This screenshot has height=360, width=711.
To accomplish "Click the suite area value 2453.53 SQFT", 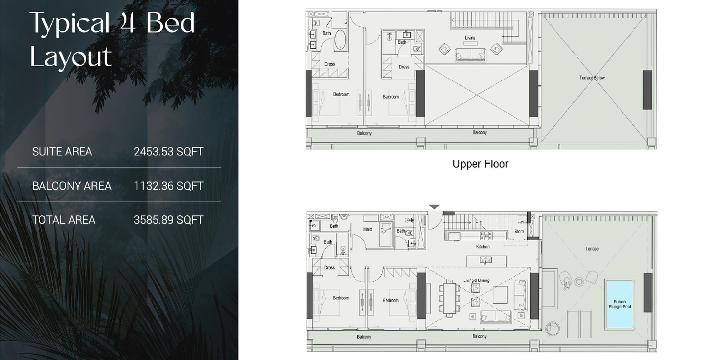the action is tap(168, 152).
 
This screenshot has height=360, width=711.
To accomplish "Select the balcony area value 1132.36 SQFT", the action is tap(168, 186).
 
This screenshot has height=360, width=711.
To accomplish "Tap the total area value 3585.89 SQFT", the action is tap(168, 220).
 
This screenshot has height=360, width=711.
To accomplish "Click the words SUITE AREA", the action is tap(62, 152).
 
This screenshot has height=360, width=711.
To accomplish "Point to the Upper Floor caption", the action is tap(480, 164).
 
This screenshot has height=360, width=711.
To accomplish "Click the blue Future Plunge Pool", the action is tap(619, 304).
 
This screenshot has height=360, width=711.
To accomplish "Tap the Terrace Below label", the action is tap(592, 78).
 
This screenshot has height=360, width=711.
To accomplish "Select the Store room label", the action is tap(519, 231).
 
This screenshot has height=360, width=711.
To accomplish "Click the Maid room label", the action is tap(367, 229).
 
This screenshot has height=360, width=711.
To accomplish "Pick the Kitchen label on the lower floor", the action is tap(483, 247).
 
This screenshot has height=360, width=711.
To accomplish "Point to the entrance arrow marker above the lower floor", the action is tap(434, 207).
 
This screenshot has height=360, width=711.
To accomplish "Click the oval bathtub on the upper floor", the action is tap(340, 40).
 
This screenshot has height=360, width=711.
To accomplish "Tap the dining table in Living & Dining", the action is tap(449, 298).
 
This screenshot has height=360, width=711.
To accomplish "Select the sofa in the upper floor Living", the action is tap(471, 55).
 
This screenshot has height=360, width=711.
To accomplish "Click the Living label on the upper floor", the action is tap(470, 38).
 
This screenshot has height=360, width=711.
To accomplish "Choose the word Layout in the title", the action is tap(71, 57).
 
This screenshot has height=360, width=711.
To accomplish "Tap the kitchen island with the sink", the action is tap(486, 261).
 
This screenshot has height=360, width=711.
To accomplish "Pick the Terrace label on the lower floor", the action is tap(592, 249).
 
